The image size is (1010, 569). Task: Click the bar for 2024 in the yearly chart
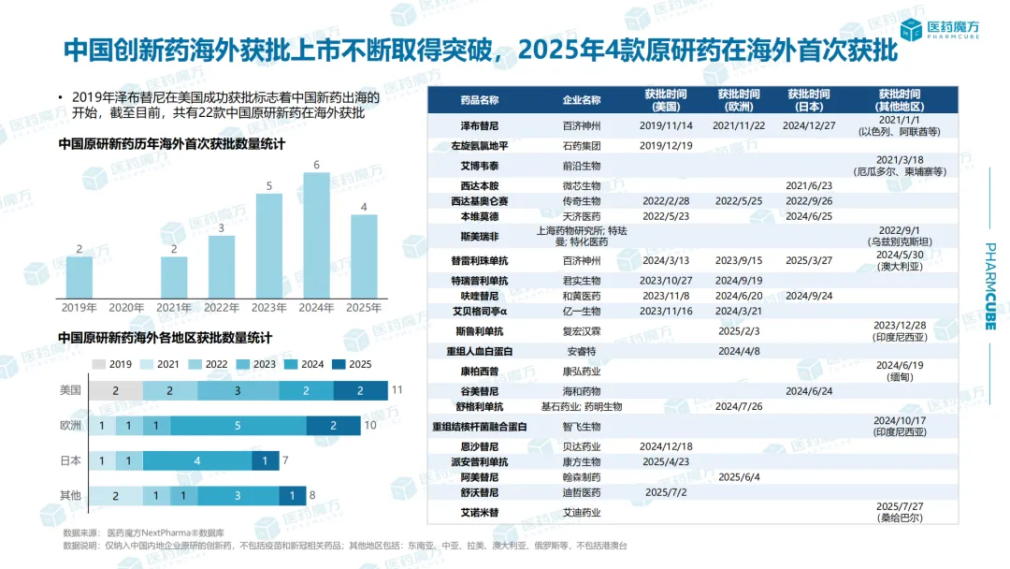[x=316, y=235]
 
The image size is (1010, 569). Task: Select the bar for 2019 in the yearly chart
[x=79, y=277]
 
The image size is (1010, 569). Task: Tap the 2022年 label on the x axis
[x=222, y=307]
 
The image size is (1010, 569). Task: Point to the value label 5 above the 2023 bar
[x=269, y=185]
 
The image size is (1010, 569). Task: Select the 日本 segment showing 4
[x=196, y=460]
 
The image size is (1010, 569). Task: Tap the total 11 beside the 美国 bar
[x=397, y=389]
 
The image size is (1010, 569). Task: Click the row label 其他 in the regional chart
[x=70, y=495]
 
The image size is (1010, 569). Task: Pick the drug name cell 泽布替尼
[x=480, y=125]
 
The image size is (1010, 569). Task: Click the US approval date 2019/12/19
[x=666, y=146]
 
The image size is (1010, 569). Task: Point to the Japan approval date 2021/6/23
[x=809, y=186]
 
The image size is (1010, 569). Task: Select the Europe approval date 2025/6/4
[x=739, y=477]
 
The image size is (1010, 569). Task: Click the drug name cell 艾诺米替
[x=480, y=512]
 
